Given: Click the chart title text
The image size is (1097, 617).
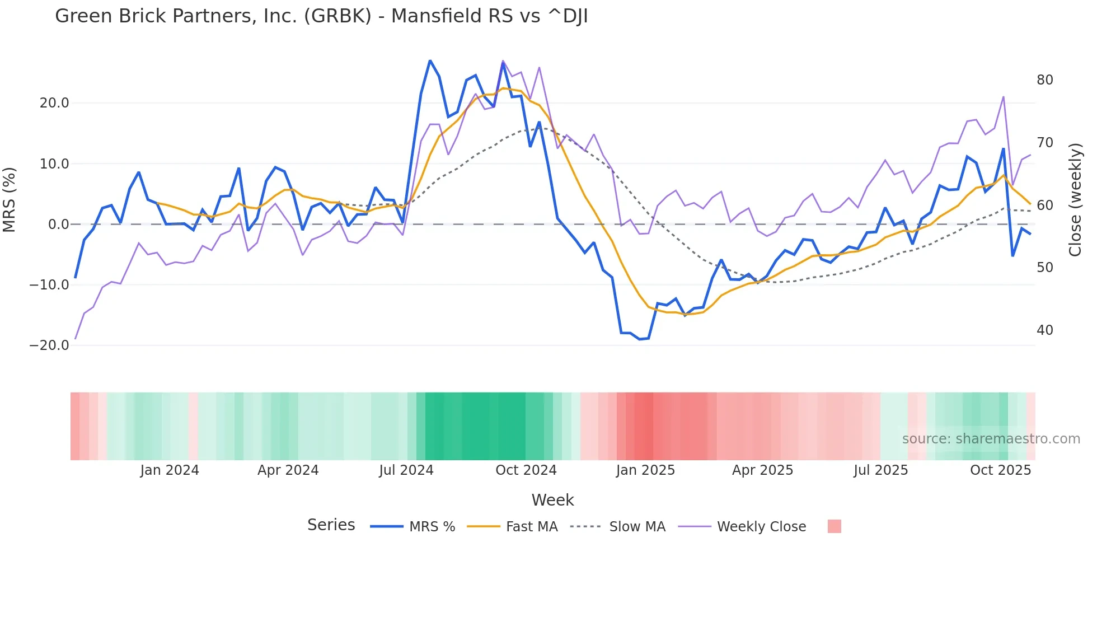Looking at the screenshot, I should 321,16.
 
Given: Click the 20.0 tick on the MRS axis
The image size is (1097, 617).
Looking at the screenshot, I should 54,103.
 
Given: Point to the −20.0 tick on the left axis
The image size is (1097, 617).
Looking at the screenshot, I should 49,345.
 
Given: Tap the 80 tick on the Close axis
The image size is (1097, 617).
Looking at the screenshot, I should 1044,80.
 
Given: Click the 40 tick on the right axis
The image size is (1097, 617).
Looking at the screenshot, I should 1044,330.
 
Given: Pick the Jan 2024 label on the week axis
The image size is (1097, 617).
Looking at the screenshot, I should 170,470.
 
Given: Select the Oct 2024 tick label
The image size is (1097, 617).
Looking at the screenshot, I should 526,470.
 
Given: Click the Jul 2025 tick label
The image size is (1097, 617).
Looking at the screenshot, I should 880,470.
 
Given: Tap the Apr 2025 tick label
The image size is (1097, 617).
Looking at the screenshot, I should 762,470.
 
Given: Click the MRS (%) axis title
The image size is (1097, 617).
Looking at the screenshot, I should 10,200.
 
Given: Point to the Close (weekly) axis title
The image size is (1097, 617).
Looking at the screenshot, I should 1075,200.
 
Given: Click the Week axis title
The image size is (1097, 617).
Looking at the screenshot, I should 552,500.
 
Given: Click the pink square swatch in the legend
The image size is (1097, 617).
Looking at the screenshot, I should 834,526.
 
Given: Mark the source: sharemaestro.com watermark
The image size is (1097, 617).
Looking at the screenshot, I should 991,439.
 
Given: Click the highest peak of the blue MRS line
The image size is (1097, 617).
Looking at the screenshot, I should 430,60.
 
